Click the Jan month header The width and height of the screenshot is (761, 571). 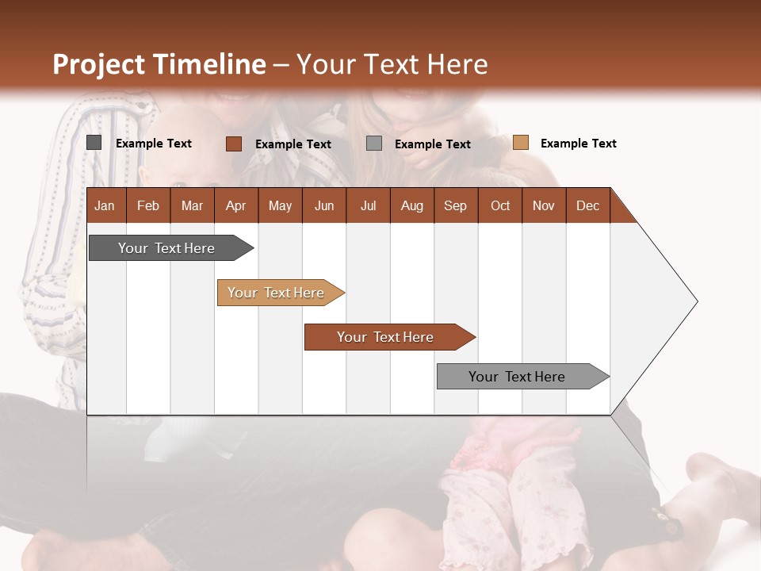105,205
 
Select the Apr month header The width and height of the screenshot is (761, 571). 235,205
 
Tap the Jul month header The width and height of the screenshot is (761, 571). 368,205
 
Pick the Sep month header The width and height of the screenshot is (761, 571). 455,205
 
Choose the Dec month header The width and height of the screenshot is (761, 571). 587,205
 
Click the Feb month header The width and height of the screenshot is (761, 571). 148,205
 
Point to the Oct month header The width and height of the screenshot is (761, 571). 500,205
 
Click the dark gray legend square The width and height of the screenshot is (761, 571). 94,143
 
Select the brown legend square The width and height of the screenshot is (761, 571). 233,144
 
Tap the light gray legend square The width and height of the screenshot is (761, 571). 374,144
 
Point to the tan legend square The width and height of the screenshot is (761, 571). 520,143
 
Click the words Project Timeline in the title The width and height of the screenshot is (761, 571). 159,64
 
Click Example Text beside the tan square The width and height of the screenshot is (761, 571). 578,144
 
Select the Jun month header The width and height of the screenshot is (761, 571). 324,205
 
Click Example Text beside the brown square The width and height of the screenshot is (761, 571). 293,144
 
